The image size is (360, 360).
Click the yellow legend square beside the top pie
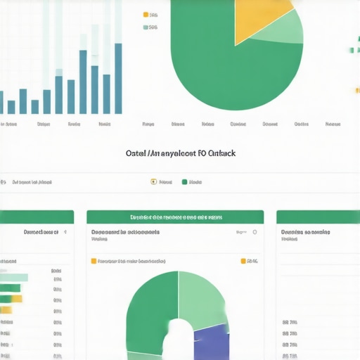point(146,14)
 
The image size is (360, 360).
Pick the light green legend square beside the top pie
point(146,27)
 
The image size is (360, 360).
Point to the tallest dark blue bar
point(118,78)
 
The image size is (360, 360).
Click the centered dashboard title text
point(180,152)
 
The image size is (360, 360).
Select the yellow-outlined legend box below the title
point(154,182)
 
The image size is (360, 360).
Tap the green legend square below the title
point(185,182)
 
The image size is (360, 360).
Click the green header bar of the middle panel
point(175,217)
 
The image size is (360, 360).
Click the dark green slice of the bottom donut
point(151,309)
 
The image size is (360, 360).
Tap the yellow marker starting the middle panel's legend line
point(94,261)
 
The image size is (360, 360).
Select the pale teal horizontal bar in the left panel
point(13,277)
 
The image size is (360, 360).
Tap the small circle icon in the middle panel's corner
point(255,231)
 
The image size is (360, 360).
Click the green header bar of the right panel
point(318,217)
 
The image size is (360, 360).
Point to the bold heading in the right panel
point(306,231)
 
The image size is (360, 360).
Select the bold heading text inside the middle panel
point(125,231)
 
